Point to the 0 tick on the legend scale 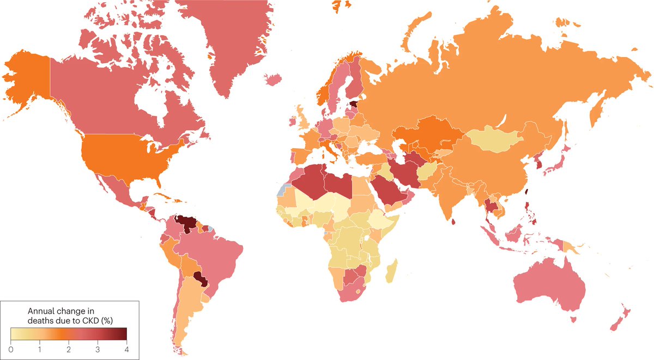(11, 347)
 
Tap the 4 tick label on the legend (126, 347)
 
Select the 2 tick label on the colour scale (69, 347)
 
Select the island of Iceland (273, 80)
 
